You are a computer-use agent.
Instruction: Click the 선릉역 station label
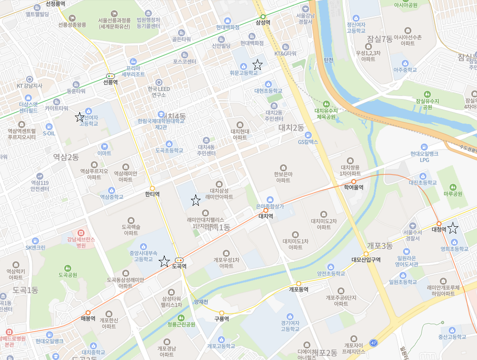(110, 82)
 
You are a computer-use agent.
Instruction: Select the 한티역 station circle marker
(152, 188)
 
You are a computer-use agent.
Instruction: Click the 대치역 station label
(266, 216)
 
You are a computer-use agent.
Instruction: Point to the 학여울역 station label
(353, 187)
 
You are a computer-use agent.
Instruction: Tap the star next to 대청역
(453, 228)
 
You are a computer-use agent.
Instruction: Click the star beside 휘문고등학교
(257, 65)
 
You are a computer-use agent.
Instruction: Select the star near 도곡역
(164, 261)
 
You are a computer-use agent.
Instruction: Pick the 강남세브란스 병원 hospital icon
(81, 232)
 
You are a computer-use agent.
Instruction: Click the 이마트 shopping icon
(105, 146)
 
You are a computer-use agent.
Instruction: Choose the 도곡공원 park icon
(68, 268)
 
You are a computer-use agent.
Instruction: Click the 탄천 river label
(328, 60)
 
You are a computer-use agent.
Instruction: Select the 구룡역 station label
(221, 319)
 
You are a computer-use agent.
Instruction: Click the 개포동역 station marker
(299, 283)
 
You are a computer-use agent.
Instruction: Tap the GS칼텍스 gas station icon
(308, 135)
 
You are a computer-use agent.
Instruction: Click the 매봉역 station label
(88, 318)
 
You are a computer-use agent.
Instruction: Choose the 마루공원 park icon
(453, 187)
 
